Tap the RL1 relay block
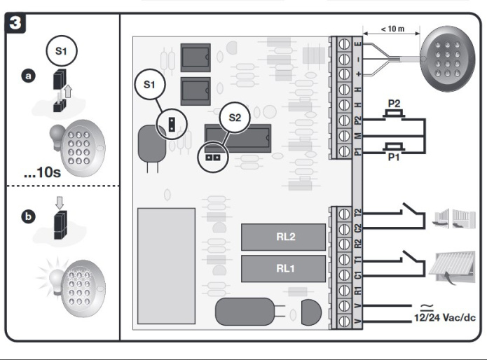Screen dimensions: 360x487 (284, 267)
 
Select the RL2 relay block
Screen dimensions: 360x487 (284, 236)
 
